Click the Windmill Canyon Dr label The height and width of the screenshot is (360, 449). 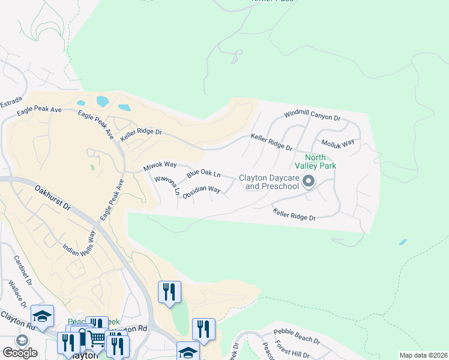[x=312, y=115]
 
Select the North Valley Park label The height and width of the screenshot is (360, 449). [x=315, y=161]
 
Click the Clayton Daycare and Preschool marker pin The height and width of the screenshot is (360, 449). [x=309, y=181]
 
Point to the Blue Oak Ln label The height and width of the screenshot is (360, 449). [x=203, y=174]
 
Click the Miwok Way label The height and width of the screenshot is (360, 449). [x=160, y=166]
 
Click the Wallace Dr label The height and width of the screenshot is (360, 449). [x=17, y=292]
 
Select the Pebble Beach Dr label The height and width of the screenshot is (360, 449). [x=297, y=335]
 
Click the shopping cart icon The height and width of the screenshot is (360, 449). [x=95, y=338]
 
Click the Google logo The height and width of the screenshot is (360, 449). [x=20, y=353]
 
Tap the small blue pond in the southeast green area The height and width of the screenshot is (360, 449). [x=403, y=242]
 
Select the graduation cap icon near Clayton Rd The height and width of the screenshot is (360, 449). [x=43, y=317]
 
